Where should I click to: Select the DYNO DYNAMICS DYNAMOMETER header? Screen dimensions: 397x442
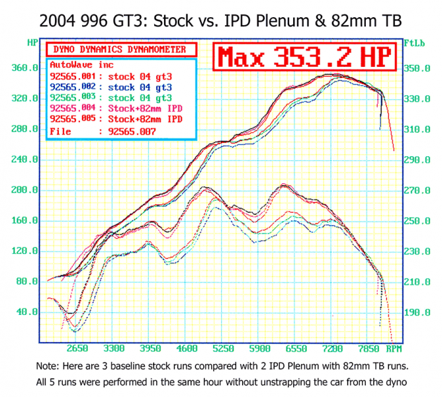click(x=121, y=50)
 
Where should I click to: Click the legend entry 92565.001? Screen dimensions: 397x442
click(x=111, y=77)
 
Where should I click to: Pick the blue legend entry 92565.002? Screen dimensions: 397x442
click(x=111, y=87)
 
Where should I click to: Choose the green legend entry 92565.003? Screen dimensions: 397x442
click(x=111, y=98)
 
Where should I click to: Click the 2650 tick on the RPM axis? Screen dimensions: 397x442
click(x=77, y=348)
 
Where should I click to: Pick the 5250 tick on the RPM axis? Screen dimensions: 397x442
click(x=224, y=348)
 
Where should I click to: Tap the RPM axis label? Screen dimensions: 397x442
click(x=395, y=348)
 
